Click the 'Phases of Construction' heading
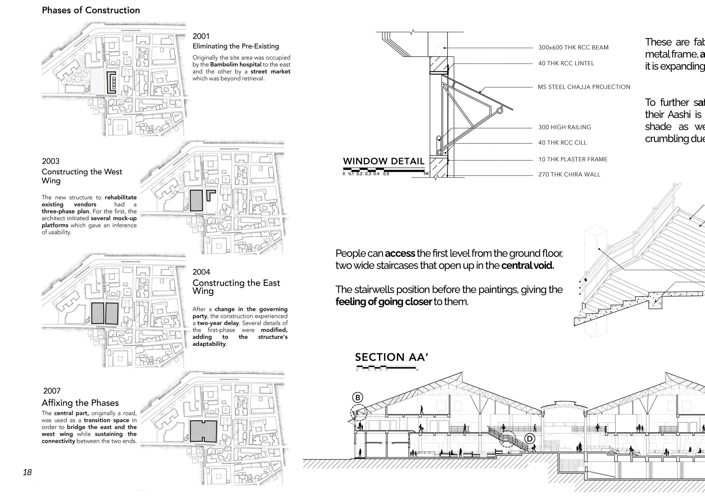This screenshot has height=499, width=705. pos(91,10)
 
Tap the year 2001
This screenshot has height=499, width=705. pos(201,36)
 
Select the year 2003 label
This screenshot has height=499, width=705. pos(51,161)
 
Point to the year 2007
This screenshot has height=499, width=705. pos(52,391)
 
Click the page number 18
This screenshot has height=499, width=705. pos(27,472)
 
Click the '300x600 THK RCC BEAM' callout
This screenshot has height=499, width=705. pos(573,48)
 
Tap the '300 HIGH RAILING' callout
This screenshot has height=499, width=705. pos(564,127)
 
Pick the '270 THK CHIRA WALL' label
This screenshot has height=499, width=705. pos(569,174)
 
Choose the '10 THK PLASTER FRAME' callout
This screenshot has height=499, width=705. pos(573,160)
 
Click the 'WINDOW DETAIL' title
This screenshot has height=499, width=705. pos(384,161)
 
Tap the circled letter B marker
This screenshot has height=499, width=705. pos(358,398)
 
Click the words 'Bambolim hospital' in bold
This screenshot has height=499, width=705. pos(236,65)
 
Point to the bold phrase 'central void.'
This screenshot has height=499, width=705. pos(527,265)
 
